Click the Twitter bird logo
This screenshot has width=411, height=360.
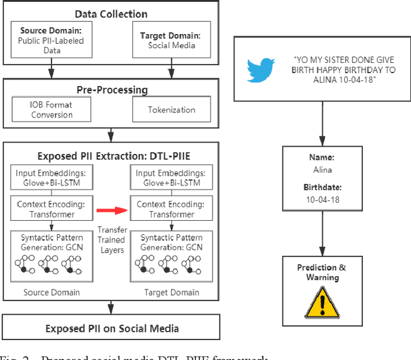tap(261, 70)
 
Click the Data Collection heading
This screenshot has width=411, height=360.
tap(110, 14)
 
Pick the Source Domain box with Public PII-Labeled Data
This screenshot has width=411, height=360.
tap(51, 40)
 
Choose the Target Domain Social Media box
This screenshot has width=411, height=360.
tap(170, 40)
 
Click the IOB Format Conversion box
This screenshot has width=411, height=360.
tap(51, 110)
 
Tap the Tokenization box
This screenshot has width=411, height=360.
tap(171, 110)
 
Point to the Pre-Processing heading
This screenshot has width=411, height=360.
tap(110, 90)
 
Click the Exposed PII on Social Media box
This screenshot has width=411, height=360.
tap(112, 328)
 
